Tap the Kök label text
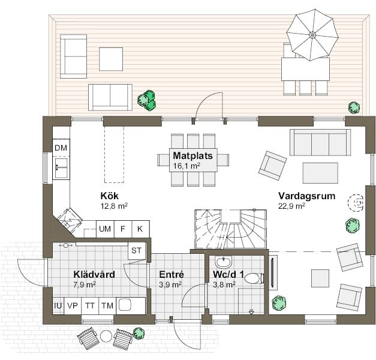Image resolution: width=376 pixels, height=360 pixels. click(x=109, y=196)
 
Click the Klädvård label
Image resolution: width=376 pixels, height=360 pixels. click(x=94, y=275)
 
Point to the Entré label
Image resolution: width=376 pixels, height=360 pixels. click(x=171, y=275)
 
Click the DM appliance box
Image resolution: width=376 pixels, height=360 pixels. click(x=61, y=148)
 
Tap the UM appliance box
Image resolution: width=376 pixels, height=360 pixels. click(x=105, y=229)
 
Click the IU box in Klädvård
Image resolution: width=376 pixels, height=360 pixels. click(x=58, y=305)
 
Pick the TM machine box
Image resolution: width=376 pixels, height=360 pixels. click(x=107, y=305)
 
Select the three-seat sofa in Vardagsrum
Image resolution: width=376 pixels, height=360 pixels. click(x=320, y=142)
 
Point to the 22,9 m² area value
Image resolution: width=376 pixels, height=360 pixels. click(x=292, y=205)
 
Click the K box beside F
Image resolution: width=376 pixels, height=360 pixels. click(x=140, y=229)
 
